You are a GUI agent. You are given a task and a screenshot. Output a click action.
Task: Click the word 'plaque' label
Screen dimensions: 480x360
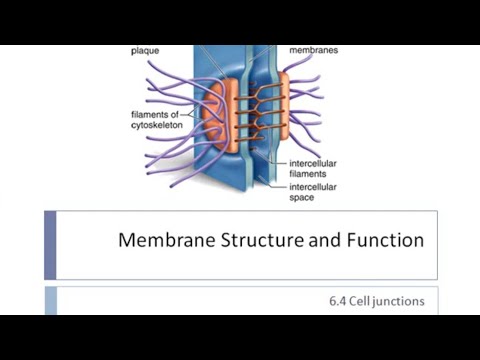click(145, 49)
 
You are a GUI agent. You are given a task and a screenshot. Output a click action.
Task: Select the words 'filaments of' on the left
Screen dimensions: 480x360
click(150, 114)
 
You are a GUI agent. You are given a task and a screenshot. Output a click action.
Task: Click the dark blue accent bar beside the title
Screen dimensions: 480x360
click(50, 244)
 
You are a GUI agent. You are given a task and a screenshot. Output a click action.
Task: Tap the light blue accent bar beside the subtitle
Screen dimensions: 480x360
click(50, 300)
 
